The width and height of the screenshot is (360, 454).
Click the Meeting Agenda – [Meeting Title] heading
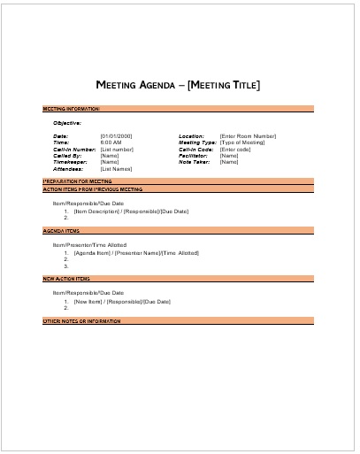(x=178, y=85)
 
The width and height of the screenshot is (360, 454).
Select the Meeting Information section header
(x=72, y=109)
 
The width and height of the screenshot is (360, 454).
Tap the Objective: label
(x=67, y=122)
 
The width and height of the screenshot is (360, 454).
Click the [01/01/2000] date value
(x=116, y=135)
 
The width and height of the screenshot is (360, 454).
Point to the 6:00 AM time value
(x=111, y=142)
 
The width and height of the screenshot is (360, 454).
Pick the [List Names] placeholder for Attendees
(x=117, y=168)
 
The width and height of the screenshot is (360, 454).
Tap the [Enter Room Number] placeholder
(x=248, y=135)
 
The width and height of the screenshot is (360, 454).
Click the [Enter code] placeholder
(x=235, y=149)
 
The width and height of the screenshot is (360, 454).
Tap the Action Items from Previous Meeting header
(x=93, y=189)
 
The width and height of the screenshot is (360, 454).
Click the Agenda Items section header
(x=62, y=230)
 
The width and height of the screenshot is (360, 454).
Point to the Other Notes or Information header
(x=81, y=320)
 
